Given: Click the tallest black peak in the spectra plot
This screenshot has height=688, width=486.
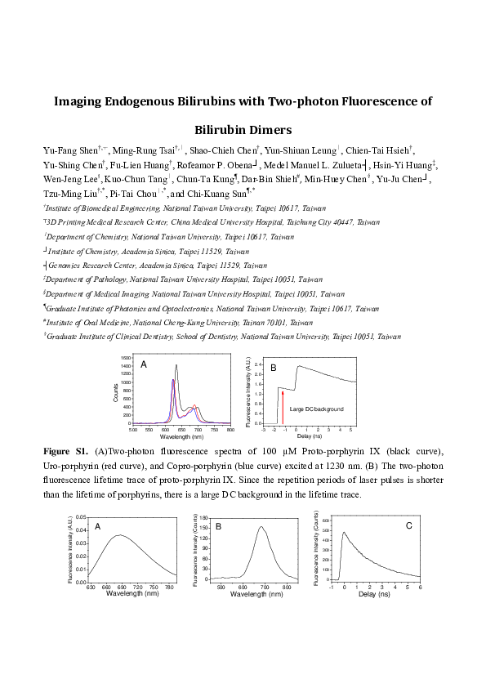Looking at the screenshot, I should pos(176,365).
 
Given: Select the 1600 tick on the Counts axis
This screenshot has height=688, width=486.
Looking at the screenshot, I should pos(126,359).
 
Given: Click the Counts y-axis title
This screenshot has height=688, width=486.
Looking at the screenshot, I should pos(115,392).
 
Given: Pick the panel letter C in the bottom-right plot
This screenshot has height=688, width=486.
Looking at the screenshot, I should pos(408,525).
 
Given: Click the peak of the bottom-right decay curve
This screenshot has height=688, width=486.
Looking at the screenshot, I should pos(344,533).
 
